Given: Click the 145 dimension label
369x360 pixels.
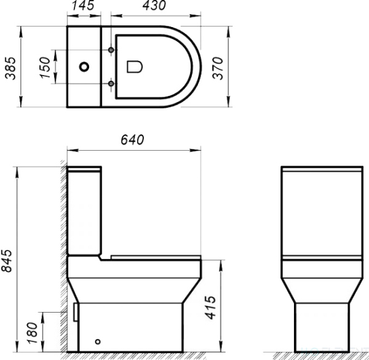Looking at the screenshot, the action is point(83,5).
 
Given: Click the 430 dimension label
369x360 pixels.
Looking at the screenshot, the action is point(154,5).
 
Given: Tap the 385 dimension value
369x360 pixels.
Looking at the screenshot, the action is point(10,68).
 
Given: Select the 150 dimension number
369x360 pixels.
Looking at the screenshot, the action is point(45,67).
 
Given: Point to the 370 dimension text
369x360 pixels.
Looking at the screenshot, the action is point(218,68).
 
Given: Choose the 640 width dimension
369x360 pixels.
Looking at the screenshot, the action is point(132,140).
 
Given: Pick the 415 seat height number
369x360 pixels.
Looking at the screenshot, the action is point(210,308).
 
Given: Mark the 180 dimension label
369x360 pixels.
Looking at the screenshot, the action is point(33,333).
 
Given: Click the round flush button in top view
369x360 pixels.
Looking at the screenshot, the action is point(84,66).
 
